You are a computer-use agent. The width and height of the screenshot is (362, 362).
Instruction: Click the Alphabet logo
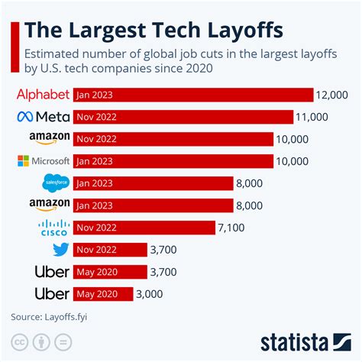tap(44, 95)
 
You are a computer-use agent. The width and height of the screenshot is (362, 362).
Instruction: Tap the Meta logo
tap(44, 117)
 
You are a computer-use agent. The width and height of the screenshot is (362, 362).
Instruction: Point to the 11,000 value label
tap(314, 117)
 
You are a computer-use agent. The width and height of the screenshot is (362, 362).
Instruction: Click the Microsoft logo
tap(44, 161)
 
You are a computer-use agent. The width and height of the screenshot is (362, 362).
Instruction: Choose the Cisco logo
tap(53, 228)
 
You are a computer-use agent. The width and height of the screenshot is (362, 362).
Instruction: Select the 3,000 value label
tap(150, 294)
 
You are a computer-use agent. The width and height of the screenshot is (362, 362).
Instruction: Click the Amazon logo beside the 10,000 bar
tap(50, 139)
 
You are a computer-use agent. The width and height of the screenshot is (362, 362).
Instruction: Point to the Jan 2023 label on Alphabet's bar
tap(95, 95)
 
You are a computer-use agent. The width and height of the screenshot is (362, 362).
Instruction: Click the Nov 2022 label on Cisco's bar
tap(97, 228)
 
